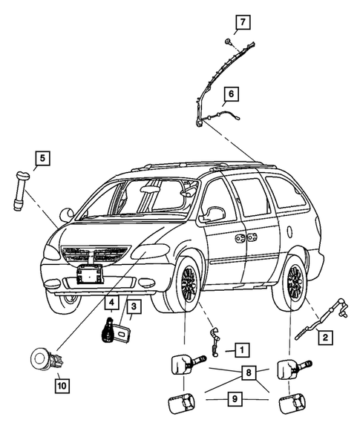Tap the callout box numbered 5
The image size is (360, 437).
42,157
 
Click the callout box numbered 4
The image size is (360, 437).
110,303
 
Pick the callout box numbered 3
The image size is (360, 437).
134,306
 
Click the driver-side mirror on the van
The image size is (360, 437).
215,214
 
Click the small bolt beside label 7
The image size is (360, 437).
226,41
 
